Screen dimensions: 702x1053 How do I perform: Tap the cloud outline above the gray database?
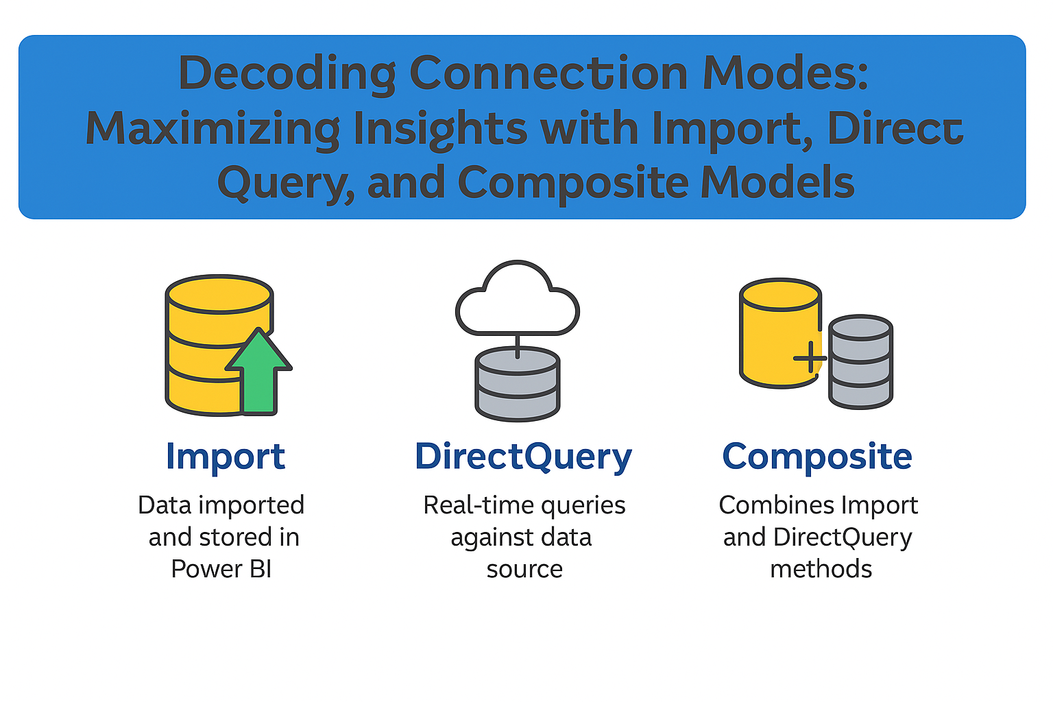coord(518,302)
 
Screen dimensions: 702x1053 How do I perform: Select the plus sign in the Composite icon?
coord(810,358)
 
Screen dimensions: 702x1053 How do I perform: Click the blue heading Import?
coord(225,457)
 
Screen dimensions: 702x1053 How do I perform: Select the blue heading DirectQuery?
coord(523,457)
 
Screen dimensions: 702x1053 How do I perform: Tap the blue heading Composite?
coord(817,457)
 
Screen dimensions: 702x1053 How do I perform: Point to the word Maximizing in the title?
coord(213,129)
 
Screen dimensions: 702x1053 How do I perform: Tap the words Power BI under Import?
coord(221,569)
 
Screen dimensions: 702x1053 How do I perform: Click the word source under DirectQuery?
coord(524,569)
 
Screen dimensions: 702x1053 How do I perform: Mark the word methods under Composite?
coord(821,569)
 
